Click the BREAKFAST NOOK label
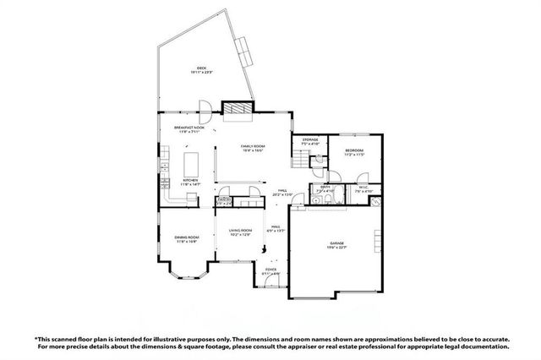point(188,128)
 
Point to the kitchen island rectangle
point(190,161)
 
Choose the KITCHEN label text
point(190,181)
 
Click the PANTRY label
point(224,201)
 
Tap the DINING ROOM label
point(186,239)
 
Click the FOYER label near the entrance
point(270,270)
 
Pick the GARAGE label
point(337,244)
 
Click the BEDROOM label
point(353,151)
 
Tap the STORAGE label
point(309,141)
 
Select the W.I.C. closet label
point(363,188)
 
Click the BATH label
point(324,188)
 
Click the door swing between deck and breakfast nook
point(203,108)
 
